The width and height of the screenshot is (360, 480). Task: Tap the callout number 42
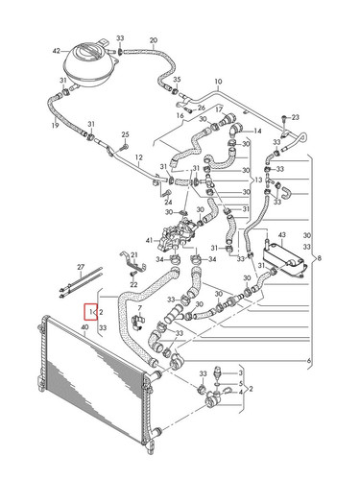(x=57, y=51)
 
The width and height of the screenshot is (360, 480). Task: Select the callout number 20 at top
(x=154, y=40)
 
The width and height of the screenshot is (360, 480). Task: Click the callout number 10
(x=218, y=82)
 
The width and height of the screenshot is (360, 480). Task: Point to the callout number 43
(x=281, y=235)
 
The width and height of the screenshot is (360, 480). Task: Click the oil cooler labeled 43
(x=284, y=259)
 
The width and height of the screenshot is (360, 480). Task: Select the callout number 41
(x=150, y=240)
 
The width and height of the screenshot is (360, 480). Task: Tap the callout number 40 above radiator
(x=84, y=327)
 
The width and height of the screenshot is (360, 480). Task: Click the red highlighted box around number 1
(x=90, y=311)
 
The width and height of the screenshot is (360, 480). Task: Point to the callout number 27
(x=81, y=267)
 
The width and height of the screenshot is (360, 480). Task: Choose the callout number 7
(x=139, y=308)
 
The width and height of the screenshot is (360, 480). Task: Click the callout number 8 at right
(x=319, y=258)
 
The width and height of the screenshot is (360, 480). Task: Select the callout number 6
(x=309, y=361)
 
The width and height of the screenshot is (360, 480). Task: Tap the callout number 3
(x=241, y=372)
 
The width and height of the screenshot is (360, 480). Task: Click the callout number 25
(x=125, y=134)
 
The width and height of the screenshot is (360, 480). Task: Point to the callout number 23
(x=295, y=117)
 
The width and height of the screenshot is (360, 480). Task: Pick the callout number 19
(x=55, y=125)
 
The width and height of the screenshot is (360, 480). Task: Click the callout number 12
(x=138, y=157)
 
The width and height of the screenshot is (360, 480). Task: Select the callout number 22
(x=133, y=284)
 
